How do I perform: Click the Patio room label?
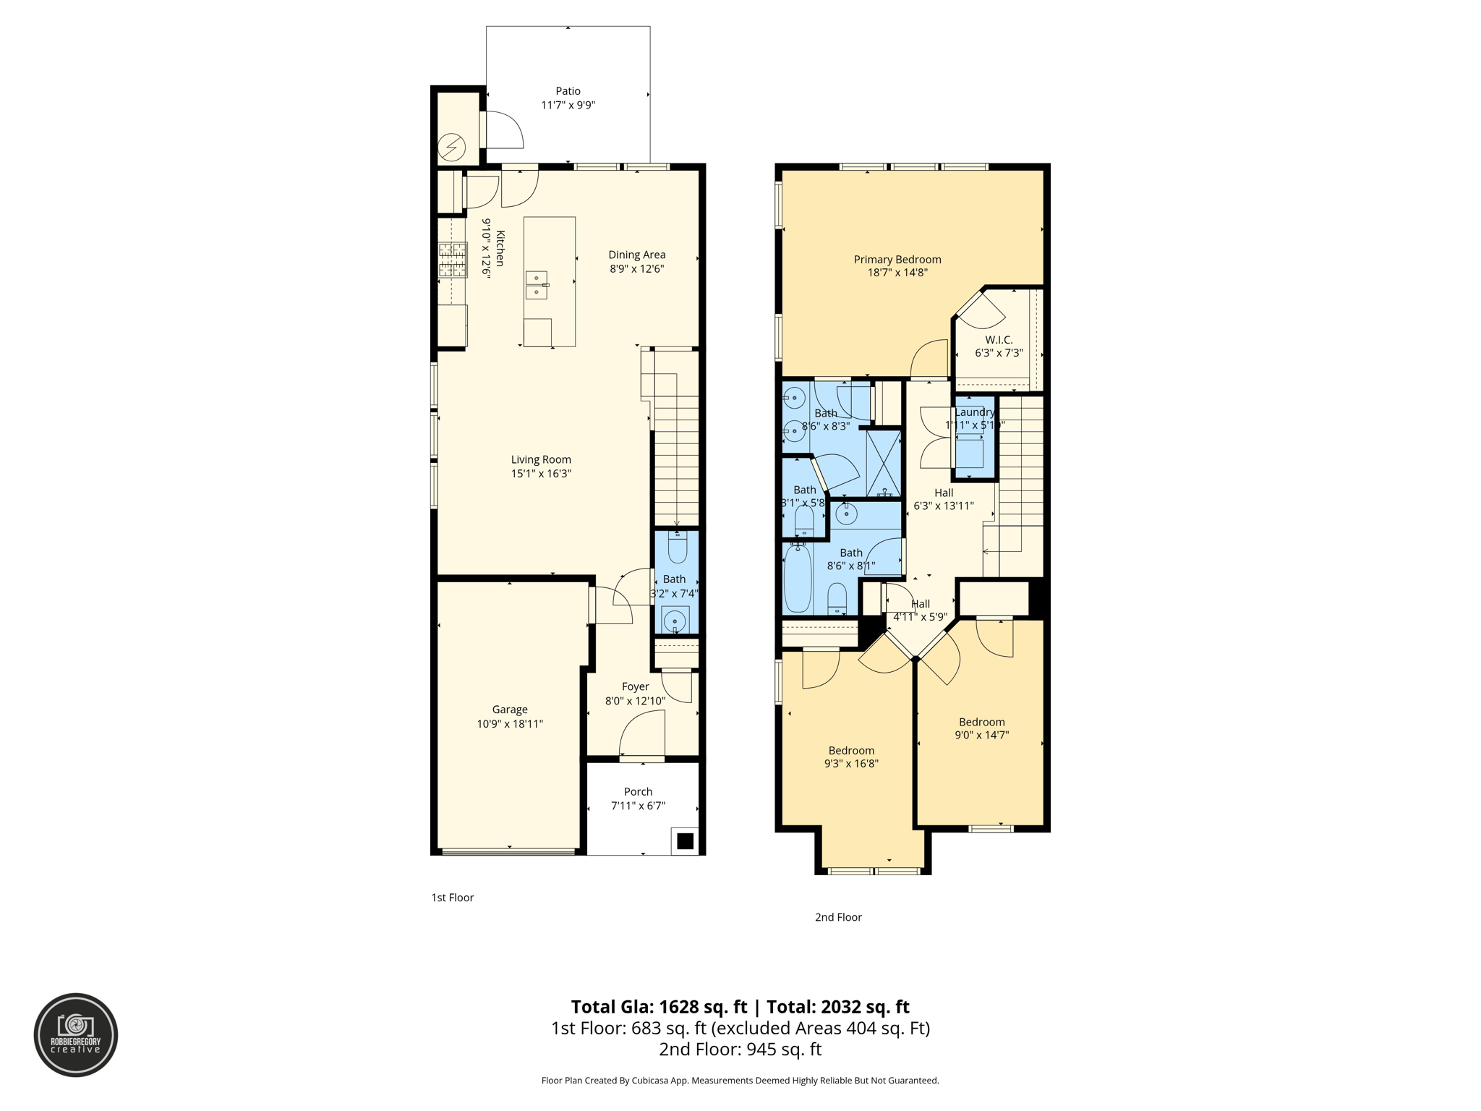click(x=568, y=91)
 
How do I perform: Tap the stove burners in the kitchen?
click(x=453, y=260)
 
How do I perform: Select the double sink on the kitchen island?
click(x=537, y=285)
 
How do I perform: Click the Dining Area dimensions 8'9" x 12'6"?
click(x=636, y=268)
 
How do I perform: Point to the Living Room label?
click(x=541, y=459)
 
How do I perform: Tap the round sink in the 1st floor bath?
click(x=675, y=621)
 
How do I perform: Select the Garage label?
click(x=510, y=710)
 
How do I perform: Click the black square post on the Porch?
click(x=685, y=841)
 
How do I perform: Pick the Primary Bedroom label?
click(x=897, y=260)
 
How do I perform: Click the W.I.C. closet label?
click(x=999, y=340)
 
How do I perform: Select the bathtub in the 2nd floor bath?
click(x=798, y=579)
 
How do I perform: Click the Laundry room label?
click(x=974, y=412)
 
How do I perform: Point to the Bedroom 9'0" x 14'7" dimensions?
click(x=981, y=735)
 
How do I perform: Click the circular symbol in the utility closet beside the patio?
click(x=452, y=148)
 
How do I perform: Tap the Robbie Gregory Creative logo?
click(x=76, y=1035)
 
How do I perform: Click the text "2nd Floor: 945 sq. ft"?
click(x=740, y=1050)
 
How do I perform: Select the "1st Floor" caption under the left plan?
click(x=452, y=898)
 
